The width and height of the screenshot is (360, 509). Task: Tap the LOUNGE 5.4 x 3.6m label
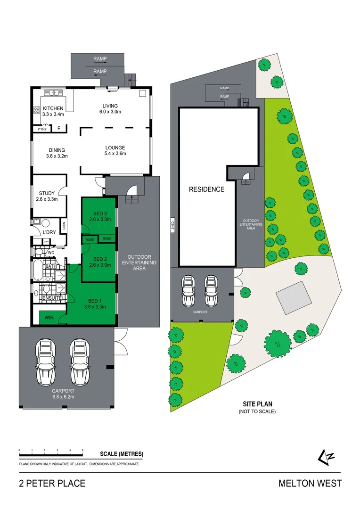click(115, 150)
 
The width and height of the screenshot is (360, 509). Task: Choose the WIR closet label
click(48, 318)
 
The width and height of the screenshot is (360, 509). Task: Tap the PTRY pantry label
click(42, 128)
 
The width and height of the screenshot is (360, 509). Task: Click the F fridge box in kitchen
click(59, 128)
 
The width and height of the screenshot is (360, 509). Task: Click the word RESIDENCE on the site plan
click(206, 189)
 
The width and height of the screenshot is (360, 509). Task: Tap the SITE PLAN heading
click(257, 404)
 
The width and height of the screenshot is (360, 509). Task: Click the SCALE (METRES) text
click(122, 454)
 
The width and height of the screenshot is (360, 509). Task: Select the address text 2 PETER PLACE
click(52, 484)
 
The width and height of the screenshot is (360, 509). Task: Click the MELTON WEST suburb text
click(310, 484)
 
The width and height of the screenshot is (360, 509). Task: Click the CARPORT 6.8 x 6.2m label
click(64, 394)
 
